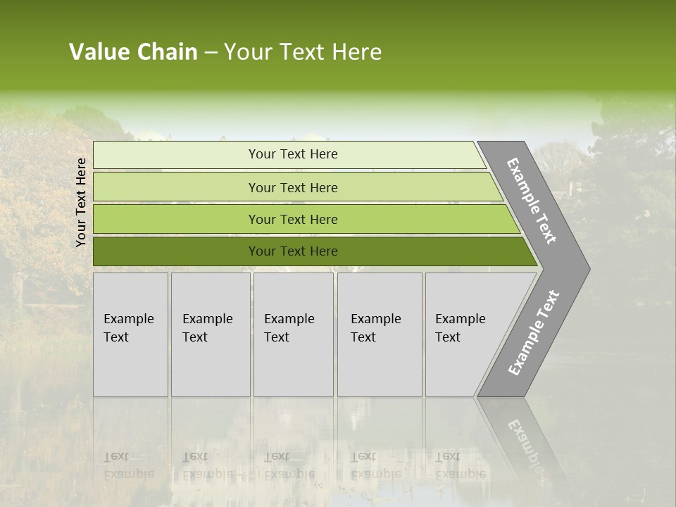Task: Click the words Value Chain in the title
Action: pos(133,52)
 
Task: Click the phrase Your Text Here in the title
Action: pos(303,52)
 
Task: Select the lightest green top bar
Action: pos(176,155)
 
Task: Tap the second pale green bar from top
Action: pos(176,187)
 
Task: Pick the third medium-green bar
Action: pos(176,220)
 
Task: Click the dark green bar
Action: pos(176,251)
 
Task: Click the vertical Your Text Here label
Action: pos(81,202)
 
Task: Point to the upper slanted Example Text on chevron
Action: pos(532,201)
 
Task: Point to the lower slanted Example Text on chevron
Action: pos(533,333)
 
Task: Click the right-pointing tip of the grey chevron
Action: pos(586,268)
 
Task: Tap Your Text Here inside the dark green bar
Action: pos(293,251)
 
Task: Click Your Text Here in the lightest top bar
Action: pos(293,154)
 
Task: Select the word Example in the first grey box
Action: pos(128,319)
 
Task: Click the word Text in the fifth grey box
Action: pos(447,337)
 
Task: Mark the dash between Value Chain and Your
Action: pos(211,53)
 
